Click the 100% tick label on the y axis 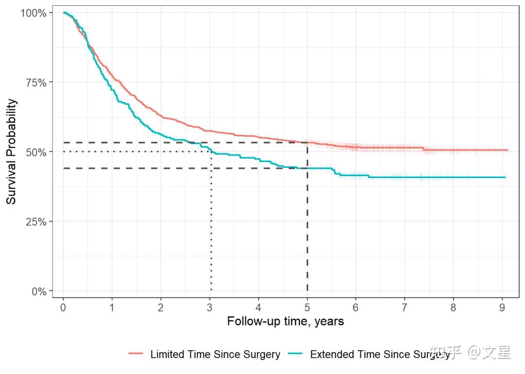coord(34,13)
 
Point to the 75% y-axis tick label coord(36,82)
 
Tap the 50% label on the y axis coord(36,152)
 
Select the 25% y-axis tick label coord(36,222)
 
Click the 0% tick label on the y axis coord(38,292)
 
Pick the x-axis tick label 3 coord(210,308)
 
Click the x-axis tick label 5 coord(307,308)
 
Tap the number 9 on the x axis coord(502,308)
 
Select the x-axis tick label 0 coord(63,308)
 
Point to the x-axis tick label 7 coord(404,308)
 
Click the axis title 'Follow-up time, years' coord(285,321)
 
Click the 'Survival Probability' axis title coord(11,152)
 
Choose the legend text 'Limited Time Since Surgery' coord(215,355)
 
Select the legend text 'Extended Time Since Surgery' coord(380,355)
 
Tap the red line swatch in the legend coord(136,355)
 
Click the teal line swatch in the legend coord(296,355)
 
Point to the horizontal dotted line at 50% coord(136,152)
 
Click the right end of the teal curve coord(505,178)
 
